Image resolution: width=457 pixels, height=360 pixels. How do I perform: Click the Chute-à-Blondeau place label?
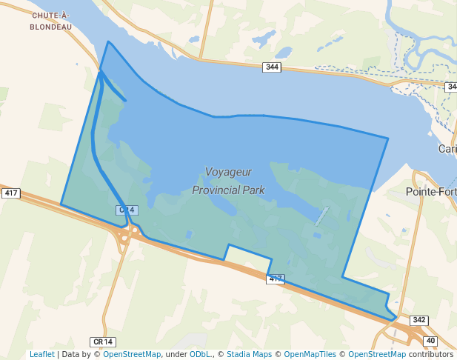(x=51, y=21)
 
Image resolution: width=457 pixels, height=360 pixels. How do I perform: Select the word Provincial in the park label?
(x=218, y=190)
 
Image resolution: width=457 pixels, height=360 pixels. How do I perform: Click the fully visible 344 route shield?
(x=272, y=67)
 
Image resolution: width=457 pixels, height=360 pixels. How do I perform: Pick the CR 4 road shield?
(x=126, y=210)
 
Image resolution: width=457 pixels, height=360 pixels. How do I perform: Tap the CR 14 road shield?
(x=103, y=341)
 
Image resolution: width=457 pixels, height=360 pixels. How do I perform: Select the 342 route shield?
(x=418, y=320)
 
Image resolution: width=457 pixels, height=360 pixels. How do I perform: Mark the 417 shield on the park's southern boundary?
(x=275, y=279)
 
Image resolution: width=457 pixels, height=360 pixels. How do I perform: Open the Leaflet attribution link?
(x=41, y=354)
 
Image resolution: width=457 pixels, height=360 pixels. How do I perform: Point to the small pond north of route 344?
(x=283, y=52)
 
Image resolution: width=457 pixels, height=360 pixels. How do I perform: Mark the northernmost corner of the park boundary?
(x=109, y=41)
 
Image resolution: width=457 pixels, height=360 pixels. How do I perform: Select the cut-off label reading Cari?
(x=447, y=149)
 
